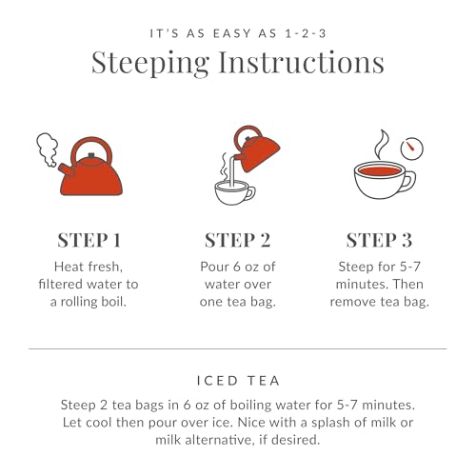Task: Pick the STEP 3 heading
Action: [x=380, y=240]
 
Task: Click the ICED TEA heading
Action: [x=237, y=379]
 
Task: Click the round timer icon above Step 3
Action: [x=411, y=148]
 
